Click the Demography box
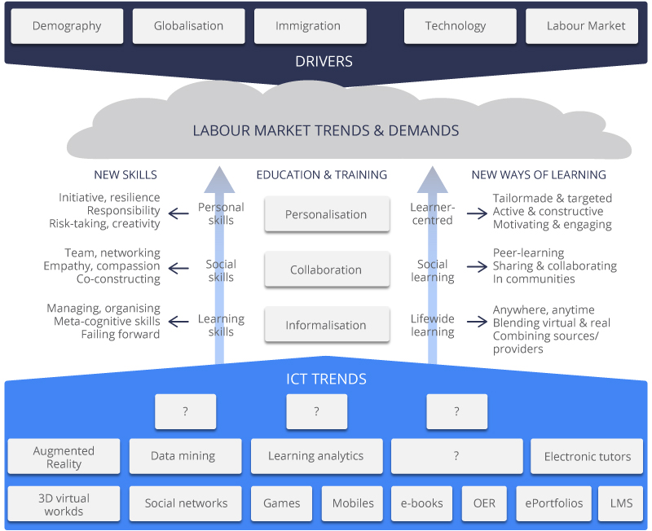click(67, 26)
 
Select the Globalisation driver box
click(188, 26)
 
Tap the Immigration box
click(310, 26)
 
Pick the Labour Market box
click(586, 26)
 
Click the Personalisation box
click(326, 215)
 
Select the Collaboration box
click(326, 270)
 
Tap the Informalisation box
click(326, 326)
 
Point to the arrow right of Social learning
click(477, 265)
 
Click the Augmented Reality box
click(64, 457)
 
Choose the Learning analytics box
click(315, 457)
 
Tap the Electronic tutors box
click(587, 457)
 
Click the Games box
click(282, 503)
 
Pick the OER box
click(484, 503)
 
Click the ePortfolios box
click(554, 503)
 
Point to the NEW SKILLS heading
click(126, 175)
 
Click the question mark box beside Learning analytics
click(456, 457)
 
